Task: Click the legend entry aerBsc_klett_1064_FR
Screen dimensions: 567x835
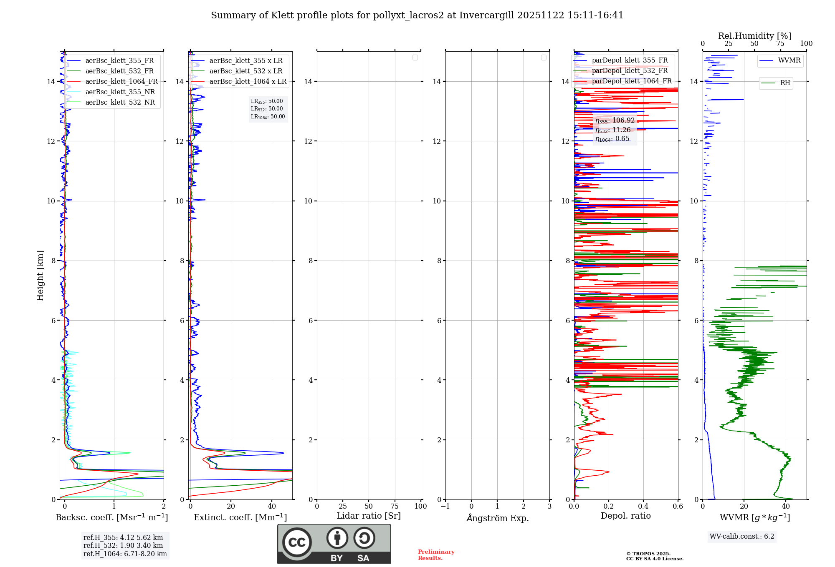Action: (x=121, y=82)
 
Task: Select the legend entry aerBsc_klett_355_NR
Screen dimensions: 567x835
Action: (x=120, y=92)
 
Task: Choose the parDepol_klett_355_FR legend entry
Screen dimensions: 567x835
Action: (x=630, y=60)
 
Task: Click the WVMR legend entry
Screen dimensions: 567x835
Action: (x=789, y=60)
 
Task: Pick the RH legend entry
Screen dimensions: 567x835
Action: (x=785, y=83)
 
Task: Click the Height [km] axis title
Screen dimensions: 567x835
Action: (x=40, y=276)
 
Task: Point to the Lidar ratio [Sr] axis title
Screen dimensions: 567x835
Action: (x=369, y=516)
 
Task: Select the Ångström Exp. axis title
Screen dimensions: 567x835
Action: (x=498, y=518)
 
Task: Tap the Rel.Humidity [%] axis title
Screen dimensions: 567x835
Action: (x=754, y=36)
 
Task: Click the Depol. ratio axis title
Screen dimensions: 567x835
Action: (x=625, y=516)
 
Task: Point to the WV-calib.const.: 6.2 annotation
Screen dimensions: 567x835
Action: (x=742, y=537)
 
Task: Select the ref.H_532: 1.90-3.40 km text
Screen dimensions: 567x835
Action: (x=123, y=546)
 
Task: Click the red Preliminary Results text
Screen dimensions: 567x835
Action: (x=436, y=555)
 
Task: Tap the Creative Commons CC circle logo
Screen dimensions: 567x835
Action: (x=297, y=542)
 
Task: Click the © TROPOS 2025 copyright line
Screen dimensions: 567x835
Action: (x=648, y=554)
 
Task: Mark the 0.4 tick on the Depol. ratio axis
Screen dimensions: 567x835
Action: (x=643, y=507)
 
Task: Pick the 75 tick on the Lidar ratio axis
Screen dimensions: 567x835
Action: (x=395, y=507)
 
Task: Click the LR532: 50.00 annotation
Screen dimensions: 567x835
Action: (x=267, y=109)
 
